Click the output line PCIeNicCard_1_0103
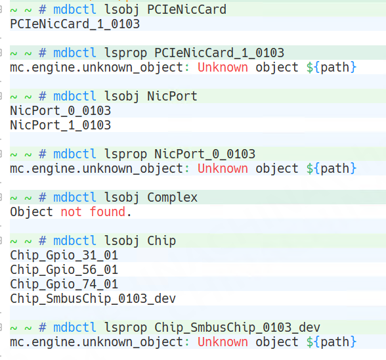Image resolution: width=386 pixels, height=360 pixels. click(75, 24)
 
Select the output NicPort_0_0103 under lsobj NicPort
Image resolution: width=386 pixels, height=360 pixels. click(60, 111)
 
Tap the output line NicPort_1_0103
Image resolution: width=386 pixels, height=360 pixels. click(60, 125)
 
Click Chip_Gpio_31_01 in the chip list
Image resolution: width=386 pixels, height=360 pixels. click(64, 256)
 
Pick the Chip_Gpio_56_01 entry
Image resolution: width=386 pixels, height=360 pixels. click(64, 270)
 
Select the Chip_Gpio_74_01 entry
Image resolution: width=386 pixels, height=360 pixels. click(64, 284)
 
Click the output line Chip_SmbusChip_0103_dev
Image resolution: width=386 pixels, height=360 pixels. click(93, 299)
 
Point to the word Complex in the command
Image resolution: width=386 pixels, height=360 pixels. click(172, 198)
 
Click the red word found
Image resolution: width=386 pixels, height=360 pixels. click(108, 212)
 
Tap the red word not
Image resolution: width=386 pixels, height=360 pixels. click(71, 212)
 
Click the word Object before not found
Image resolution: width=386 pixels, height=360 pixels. click(32, 212)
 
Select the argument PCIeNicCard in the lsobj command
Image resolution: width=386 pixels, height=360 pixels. click(186, 10)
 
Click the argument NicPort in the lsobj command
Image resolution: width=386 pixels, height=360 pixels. click(172, 97)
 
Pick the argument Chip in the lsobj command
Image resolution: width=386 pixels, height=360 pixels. click(161, 241)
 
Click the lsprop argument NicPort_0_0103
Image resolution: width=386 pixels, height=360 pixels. click(205, 154)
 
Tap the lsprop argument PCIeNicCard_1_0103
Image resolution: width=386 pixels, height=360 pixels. click(219, 53)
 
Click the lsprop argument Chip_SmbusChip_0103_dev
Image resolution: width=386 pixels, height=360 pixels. click(238, 328)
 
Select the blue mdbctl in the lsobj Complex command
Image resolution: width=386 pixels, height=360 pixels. click(75, 198)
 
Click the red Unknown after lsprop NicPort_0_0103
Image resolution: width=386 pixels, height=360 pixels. click(223, 169)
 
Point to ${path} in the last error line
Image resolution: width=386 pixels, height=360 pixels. click(332, 342)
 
